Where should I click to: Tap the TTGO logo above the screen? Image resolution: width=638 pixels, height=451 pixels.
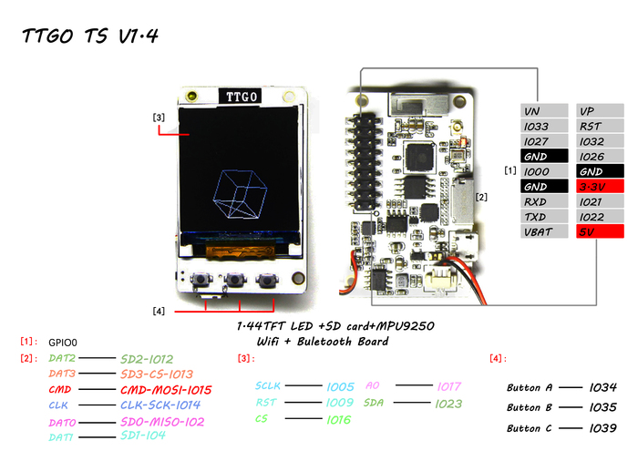[240, 95]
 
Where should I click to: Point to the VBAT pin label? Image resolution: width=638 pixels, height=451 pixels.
[543, 231]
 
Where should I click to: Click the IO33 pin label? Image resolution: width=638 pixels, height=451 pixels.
[543, 126]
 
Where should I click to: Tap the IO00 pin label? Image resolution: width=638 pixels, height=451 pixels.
[543, 171]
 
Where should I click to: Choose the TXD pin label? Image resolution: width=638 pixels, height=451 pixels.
[543, 217]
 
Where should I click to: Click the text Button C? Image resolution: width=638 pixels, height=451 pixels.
[530, 427]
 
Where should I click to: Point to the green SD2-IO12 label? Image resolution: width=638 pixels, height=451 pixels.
[159, 359]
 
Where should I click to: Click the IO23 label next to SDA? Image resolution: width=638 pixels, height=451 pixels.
[449, 403]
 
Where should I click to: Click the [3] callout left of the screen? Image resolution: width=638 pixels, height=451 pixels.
[159, 118]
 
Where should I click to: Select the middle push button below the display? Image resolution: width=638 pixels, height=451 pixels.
[239, 281]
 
